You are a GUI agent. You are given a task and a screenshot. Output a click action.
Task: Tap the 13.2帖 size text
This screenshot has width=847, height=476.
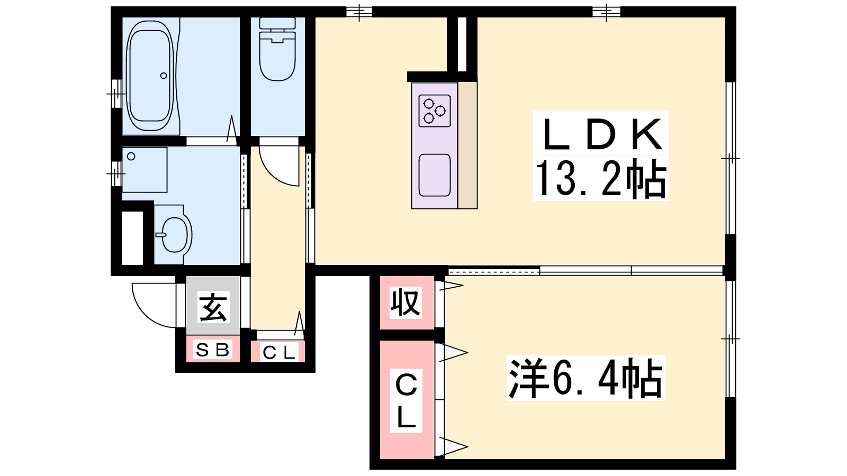click(x=601, y=178)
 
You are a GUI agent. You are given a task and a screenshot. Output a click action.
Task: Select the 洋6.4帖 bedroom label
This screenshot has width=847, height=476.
click(x=585, y=378)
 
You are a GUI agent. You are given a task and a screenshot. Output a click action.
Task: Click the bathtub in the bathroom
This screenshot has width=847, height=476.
click(x=150, y=76)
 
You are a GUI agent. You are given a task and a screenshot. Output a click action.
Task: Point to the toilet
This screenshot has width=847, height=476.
click(x=277, y=49)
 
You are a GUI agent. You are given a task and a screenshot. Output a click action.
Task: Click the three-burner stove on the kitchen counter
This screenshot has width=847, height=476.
click(x=435, y=111)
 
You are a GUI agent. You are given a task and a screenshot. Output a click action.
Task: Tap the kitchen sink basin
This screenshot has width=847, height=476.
click(x=435, y=175)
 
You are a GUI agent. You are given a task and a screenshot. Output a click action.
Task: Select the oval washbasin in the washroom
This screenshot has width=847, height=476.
click(x=175, y=235)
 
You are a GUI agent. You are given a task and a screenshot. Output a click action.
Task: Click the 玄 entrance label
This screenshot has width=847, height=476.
click(x=213, y=307)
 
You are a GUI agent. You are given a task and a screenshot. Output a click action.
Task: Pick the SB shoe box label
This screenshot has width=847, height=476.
click(x=212, y=350)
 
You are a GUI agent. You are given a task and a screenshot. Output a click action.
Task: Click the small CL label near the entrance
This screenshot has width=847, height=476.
click(x=278, y=353)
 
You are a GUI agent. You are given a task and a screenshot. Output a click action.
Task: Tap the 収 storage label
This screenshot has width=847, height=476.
click(x=406, y=302)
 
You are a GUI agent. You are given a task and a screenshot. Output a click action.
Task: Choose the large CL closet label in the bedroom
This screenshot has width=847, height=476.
click(x=406, y=400)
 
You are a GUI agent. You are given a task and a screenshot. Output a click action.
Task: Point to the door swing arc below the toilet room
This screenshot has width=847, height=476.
click(x=273, y=174)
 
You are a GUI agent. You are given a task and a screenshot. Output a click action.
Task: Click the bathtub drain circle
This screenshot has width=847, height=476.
click(x=164, y=76)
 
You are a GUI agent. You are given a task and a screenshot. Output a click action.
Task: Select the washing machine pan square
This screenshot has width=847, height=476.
click(x=145, y=170)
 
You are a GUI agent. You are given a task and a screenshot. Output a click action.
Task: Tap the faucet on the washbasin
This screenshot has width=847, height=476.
click(x=161, y=235)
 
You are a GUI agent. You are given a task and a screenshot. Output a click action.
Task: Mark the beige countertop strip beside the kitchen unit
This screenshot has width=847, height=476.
click(x=467, y=145)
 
